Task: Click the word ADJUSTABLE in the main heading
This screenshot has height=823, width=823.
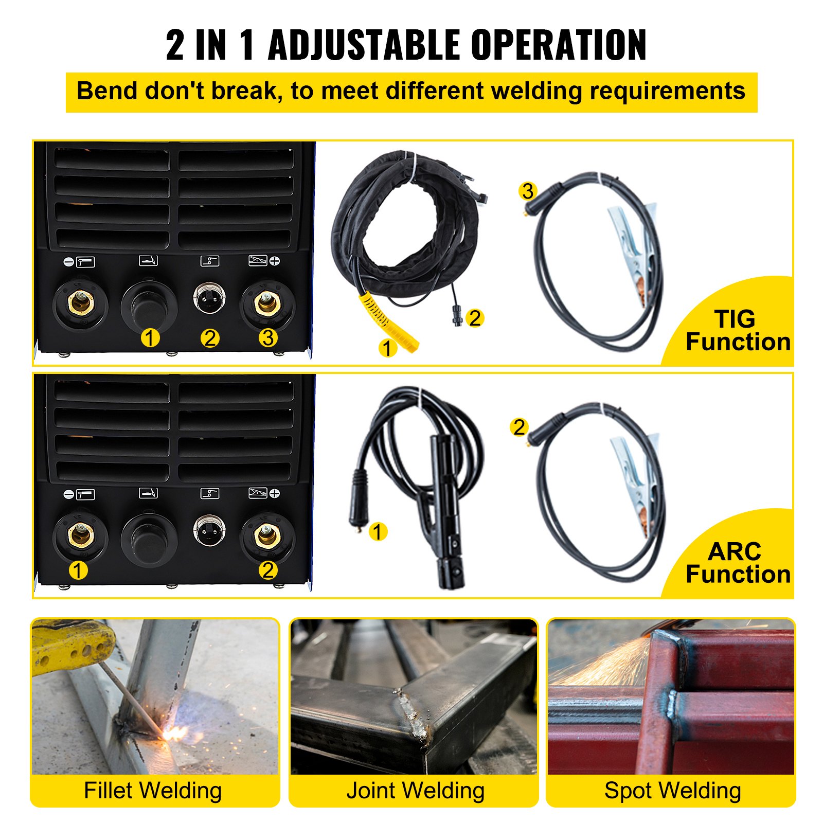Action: click(363, 45)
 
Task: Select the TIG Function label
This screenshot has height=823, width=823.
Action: click(737, 331)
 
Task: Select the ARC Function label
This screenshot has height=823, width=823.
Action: click(737, 563)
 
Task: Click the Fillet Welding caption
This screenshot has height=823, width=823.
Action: click(153, 791)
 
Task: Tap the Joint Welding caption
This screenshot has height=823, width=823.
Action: click(415, 791)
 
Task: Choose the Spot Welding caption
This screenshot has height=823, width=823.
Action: click(672, 791)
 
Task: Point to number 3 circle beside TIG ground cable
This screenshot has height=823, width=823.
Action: click(527, 191)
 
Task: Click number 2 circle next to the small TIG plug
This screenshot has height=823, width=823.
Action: click(474, 318)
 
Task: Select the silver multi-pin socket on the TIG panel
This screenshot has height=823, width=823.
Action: click(209, 298)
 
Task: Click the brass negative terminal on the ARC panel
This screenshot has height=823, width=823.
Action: click(80, 535)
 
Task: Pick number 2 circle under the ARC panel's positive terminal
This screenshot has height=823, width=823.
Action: click(267, 570)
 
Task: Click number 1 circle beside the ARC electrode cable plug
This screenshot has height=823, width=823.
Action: click(378, 532)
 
